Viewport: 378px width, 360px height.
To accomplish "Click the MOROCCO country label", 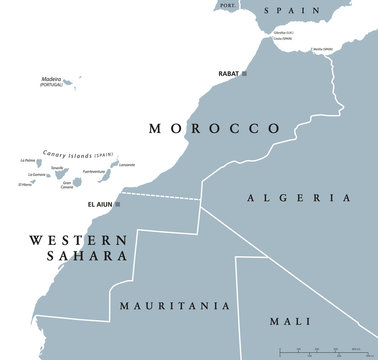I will point(213,129).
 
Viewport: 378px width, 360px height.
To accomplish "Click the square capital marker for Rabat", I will point(246,75).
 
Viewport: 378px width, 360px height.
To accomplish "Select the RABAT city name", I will point(228,75).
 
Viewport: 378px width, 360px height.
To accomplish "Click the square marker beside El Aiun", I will point(118,206).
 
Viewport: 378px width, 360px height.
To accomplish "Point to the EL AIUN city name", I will point(101,206).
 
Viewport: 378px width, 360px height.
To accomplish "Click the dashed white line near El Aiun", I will point(160,195).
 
